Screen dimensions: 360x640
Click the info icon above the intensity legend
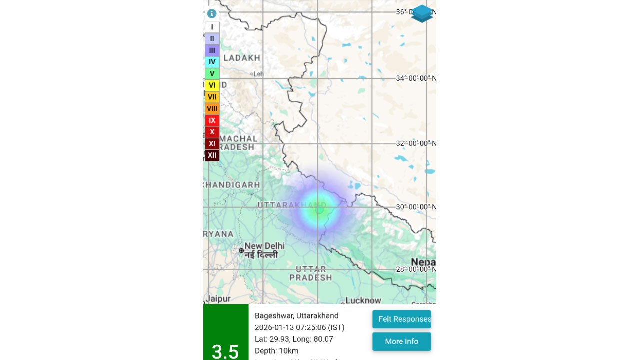(212, 14)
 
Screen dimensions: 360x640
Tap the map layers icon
(422, 14)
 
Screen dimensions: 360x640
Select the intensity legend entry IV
(212, 62)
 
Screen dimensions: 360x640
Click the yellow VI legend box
(212, 85)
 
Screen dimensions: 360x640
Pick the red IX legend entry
(212, 120)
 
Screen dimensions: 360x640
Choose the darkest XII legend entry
(212, 155)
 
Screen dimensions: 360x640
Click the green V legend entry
(212, 74)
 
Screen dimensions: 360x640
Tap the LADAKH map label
(242, 58)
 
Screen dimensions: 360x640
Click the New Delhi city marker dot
(241, 250)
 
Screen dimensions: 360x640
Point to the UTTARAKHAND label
(292, 205)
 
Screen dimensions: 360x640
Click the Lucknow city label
(363, 300)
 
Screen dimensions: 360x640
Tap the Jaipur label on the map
(218, 299)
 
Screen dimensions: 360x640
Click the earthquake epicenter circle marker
(319, 209)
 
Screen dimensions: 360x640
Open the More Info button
(401, 342)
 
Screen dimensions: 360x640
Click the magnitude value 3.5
(225, 351)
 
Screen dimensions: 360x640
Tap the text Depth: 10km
(276, 351)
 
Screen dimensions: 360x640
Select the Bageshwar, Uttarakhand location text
(296, 316)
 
